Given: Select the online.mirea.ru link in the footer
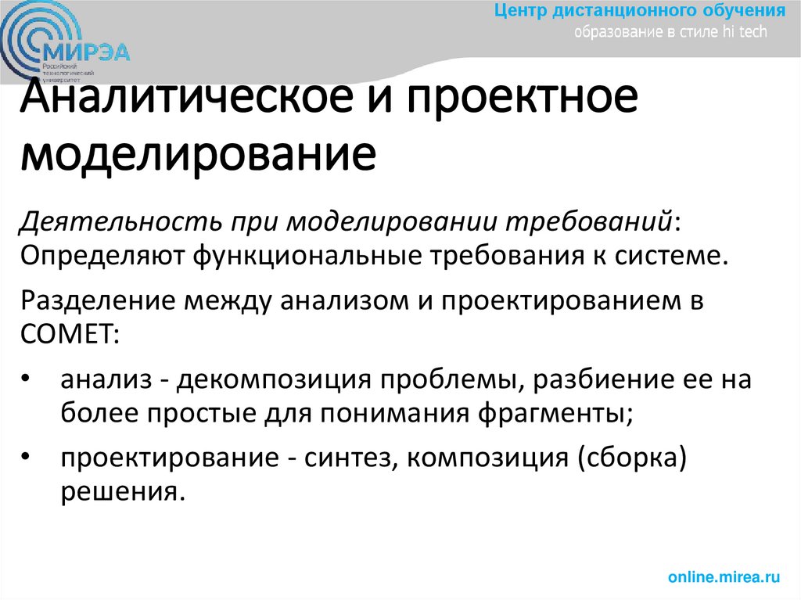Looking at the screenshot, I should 724,577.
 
